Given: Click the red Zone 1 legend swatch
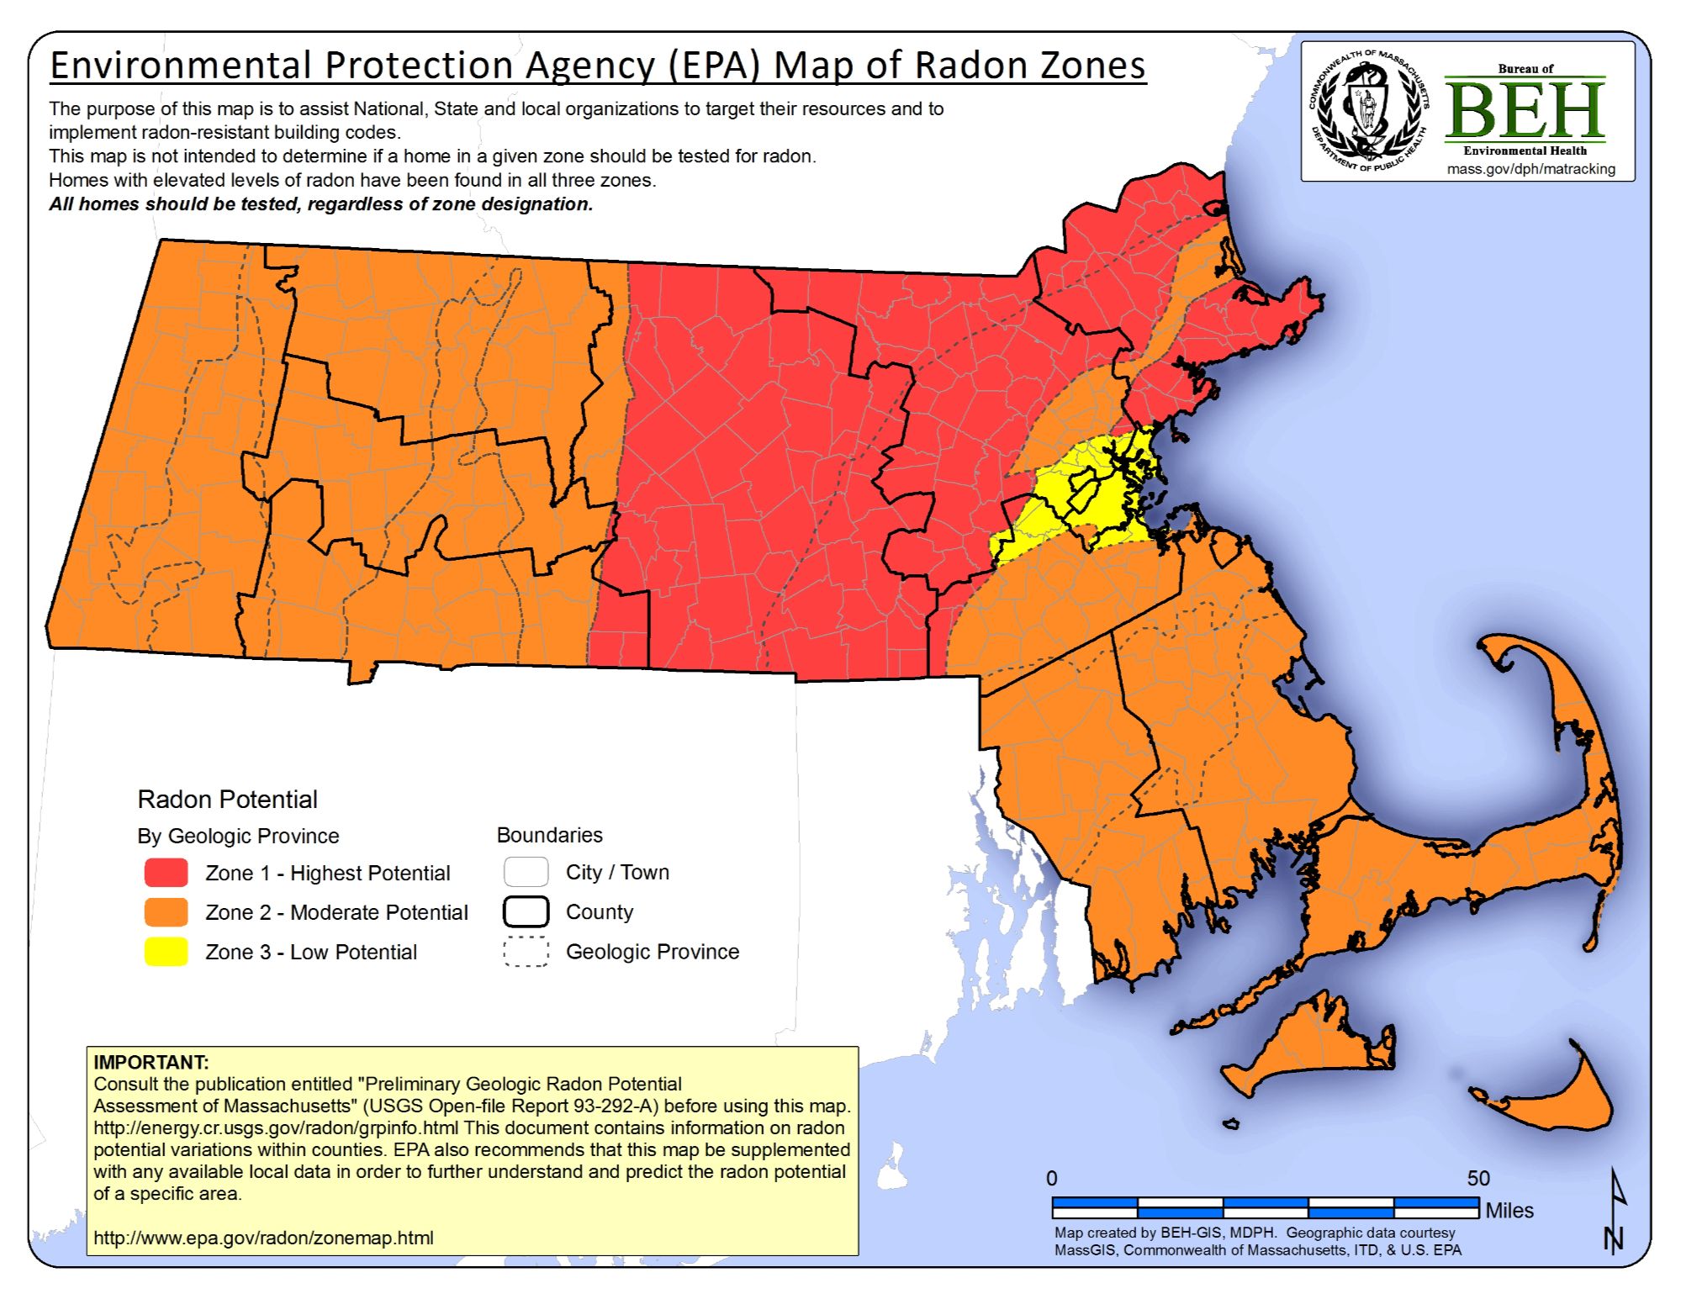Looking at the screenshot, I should pos(166,872).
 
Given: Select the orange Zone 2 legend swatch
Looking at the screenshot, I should pos(166,911).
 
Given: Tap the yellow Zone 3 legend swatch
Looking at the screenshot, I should pos(166,951).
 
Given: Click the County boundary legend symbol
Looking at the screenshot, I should pos(526,911).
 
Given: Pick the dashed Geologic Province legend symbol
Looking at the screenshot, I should pos(526,951).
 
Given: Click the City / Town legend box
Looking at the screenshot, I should pos(526,872).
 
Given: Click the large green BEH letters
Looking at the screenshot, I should pos(1524,110).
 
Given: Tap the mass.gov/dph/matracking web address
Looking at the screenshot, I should pos(1530,169).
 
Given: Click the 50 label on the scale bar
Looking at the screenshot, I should pos(1477,1178).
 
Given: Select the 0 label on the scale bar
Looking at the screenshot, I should pos(1051,1178).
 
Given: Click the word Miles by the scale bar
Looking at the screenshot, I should pos(1509,1211).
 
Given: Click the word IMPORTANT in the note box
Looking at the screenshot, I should pos(151,1062).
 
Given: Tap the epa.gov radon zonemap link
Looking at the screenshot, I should pos(263,1238).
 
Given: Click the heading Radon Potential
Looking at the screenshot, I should pos(227,799).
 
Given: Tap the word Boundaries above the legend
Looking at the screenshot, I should pos(549,835).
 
